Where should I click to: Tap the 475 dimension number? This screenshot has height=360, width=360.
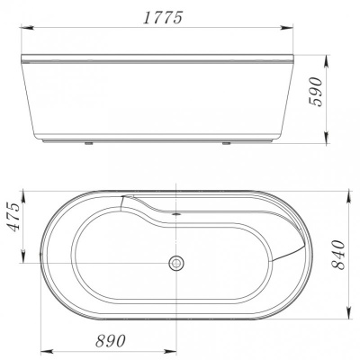(13, 216)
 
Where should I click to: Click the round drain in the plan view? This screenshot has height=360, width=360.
(177, 265)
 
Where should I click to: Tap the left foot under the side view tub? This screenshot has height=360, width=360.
(89, 141)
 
